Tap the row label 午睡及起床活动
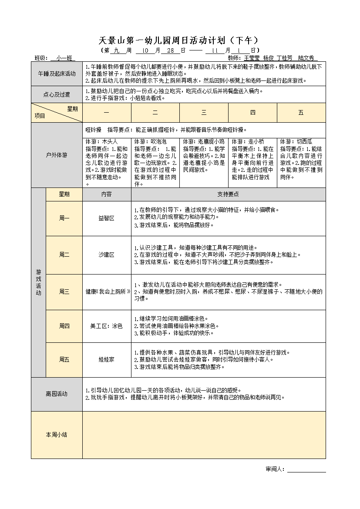57,74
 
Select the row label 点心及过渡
57,94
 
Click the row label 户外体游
57,155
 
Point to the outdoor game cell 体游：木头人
107,162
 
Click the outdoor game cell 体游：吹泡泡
155,162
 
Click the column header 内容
107,194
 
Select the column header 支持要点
228,194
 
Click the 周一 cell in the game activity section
64,218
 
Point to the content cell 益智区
107,218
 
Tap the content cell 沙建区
107,255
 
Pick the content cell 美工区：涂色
107,326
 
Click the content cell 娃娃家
107,359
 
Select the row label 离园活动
57,394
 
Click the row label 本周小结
57,435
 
